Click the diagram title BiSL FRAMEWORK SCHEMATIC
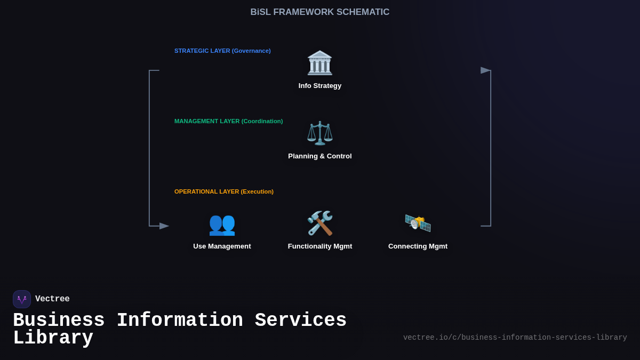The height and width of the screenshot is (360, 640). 320,12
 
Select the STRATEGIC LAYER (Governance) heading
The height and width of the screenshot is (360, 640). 222,51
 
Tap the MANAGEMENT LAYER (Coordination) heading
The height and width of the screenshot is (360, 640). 228,121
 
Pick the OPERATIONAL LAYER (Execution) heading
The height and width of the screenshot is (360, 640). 224,191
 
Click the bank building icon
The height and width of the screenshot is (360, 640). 320,63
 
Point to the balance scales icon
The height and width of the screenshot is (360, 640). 320,133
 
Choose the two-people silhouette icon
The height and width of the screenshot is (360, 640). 222,223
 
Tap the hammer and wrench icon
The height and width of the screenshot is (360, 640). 320,223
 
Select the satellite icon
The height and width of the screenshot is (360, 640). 418,223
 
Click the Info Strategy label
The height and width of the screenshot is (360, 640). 320,86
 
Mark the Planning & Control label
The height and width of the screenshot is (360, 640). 320,156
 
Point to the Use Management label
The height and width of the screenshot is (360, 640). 222,246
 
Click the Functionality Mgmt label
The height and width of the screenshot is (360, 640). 320,246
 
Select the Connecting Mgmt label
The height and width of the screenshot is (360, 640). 418,246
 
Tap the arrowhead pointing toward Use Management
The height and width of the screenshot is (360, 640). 164,226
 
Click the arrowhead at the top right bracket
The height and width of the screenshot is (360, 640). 485,70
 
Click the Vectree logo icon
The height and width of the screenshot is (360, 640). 22,299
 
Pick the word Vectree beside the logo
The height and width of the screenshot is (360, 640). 52,299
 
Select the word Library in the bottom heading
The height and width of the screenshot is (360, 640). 53,338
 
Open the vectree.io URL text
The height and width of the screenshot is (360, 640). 515,338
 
